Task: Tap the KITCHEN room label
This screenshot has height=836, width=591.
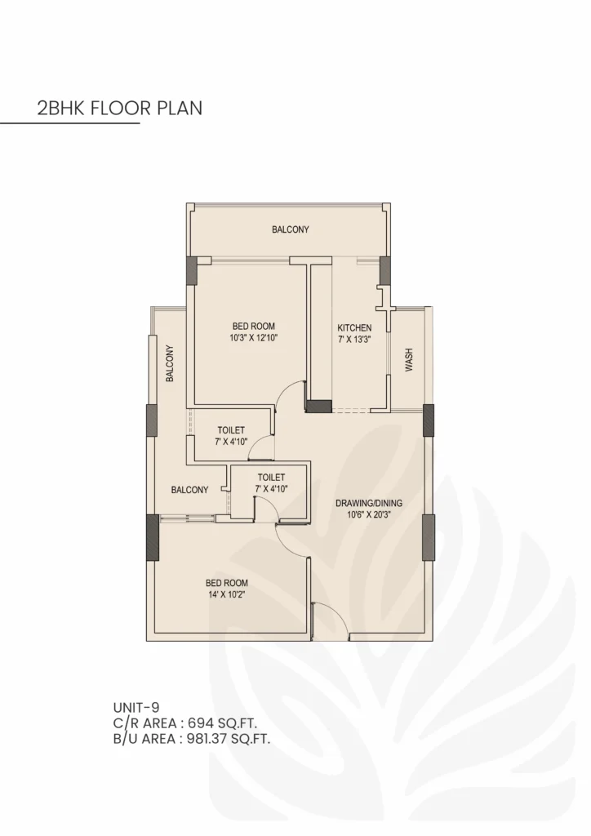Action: (354, 328)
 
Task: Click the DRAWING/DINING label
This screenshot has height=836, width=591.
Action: (369, 503)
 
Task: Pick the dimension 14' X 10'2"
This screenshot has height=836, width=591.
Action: (226, 594)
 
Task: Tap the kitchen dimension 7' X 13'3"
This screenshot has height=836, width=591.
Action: (354, 340)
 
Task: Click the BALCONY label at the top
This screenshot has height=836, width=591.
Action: (291, 230)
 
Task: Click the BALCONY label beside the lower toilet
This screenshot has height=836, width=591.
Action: (189, 490)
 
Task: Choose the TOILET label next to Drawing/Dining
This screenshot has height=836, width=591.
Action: (270, 477)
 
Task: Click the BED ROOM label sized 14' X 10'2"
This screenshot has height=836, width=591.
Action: (226, 583)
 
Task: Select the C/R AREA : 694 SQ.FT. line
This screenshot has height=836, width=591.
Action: (191, 723)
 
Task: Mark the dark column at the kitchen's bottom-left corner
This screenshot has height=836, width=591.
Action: (318, 405)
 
